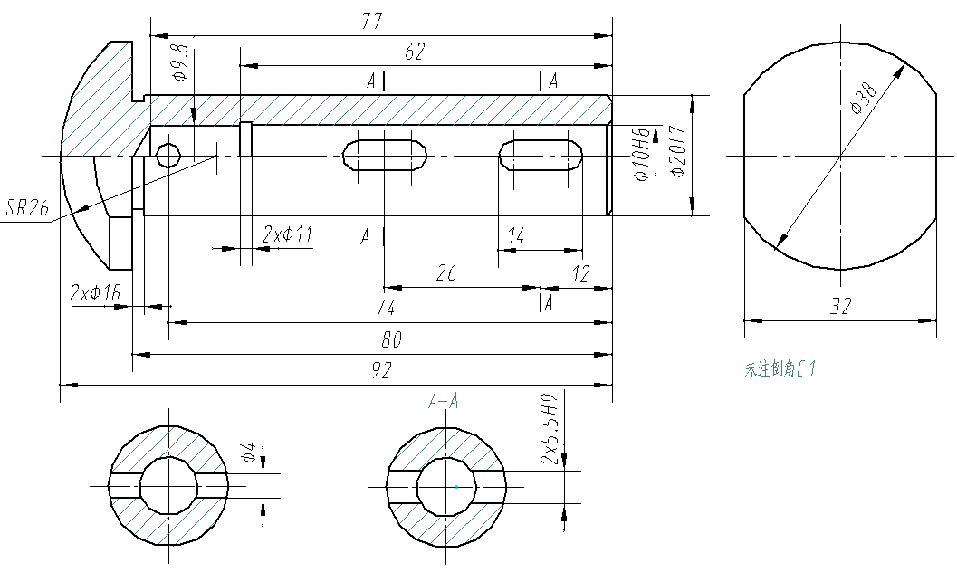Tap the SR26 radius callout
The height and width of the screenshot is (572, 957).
[27, 208]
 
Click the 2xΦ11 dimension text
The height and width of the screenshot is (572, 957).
[287, 234]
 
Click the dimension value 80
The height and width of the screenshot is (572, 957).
[391, 339]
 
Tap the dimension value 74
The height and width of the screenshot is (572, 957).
[386, 309]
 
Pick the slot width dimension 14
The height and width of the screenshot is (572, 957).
[516, 236]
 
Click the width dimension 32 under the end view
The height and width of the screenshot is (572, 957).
[841, 307]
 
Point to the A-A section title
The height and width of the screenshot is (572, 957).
[444, 401]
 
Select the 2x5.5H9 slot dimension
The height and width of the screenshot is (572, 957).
[550, 429]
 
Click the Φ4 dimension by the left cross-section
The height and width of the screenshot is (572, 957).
[248, 454]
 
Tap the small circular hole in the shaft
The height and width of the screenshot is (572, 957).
[167, 156]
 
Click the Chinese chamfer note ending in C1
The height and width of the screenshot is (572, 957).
[781, 368]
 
